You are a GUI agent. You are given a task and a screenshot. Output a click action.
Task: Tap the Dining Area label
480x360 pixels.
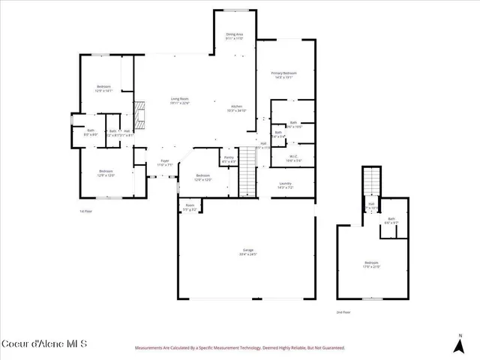click(x=235, y=36)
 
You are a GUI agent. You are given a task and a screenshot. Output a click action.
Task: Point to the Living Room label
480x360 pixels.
click(x=179, y=101)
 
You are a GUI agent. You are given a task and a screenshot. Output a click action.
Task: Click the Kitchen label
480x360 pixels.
click(x=237, y=108)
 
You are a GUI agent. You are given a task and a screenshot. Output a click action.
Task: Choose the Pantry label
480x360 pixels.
click(x=229, y=159)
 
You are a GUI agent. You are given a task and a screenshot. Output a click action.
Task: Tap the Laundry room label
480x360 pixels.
click(x=285, y=185)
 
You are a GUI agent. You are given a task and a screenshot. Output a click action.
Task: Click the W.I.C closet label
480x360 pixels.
click(x=295, y=158)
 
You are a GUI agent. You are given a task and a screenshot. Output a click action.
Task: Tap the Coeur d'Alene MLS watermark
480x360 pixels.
click(x=45, y=343)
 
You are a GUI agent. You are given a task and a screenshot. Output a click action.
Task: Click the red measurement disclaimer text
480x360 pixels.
click(x=239, y=348)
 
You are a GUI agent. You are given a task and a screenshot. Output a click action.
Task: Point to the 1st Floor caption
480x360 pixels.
click(x=85, y=211)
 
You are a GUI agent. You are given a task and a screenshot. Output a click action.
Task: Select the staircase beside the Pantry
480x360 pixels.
click(x=247, y=182)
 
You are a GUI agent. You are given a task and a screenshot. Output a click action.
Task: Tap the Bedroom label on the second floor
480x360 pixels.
click(x=372, y=264)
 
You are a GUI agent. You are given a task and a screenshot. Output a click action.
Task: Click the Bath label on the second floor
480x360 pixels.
click(x=391, y=220)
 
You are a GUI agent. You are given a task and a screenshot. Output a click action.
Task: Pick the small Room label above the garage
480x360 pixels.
click(x=190, y=208)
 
